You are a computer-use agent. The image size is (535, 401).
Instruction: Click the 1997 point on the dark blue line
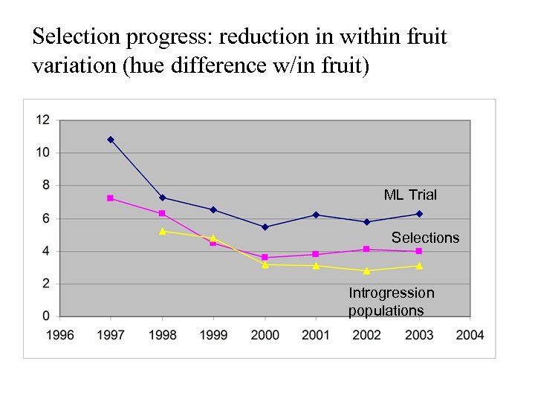tap(111, 140)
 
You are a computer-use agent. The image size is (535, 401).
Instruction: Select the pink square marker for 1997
tap(110, 198)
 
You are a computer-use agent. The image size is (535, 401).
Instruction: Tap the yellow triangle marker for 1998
tap(162, 231)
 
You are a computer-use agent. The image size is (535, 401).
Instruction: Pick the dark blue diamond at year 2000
tap(265, 227)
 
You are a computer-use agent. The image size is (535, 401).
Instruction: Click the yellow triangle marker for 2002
tap(367, 270)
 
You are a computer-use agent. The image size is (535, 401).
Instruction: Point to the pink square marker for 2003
tap(419, 251)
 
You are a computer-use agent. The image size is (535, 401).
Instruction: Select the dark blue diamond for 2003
tap(419, 214)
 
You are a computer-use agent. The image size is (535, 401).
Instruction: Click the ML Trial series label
tap(410, 195)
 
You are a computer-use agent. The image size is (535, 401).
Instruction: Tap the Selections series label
tap(425, 238)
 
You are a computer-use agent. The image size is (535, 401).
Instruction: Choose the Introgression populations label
tap(391, 301)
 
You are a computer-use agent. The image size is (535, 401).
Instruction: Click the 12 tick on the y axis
tap(43, 120)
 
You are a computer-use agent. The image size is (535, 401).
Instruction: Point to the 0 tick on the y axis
tap(46, 316)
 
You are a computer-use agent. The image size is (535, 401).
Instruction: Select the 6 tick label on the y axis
tap(46, 218)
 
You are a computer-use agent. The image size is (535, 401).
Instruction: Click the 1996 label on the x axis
tap(60, 335)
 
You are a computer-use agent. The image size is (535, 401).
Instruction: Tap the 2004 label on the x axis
tap(470, 335)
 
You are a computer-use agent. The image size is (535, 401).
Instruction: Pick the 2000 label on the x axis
tap(265, 335)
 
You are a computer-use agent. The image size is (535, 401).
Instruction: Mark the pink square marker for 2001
tap(316, 254)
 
